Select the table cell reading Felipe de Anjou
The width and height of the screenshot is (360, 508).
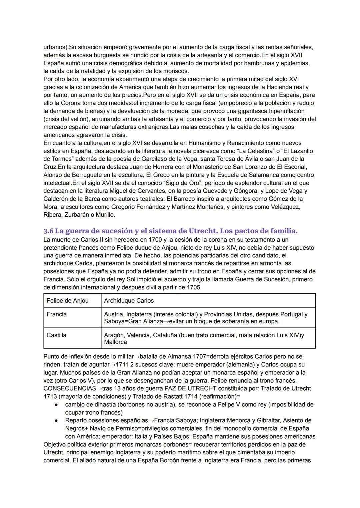click(x=68, y=301)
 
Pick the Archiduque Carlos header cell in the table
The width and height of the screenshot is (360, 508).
click(x=129, y=301)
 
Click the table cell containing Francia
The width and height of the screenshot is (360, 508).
click(x=57, y=314)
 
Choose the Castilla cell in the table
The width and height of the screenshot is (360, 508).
click(x=57, y=335)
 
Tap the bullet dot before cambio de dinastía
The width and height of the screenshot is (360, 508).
click(x=57, y=405)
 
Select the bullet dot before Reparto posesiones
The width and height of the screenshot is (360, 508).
click(x=57, y=421)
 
